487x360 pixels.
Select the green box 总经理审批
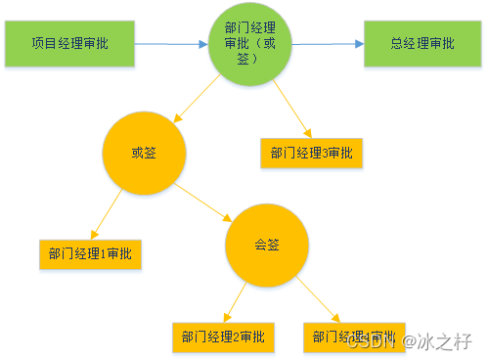(x=421, y=44)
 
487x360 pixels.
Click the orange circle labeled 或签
(x=143, y=153)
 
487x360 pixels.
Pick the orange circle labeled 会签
(x=267, y=245)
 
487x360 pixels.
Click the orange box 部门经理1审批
(x=91, y=254)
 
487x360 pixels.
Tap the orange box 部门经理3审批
(x=312, y=153)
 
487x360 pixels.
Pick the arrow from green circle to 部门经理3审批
(x=290, y=109)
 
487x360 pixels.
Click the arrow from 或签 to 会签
(x=204, y=200)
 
